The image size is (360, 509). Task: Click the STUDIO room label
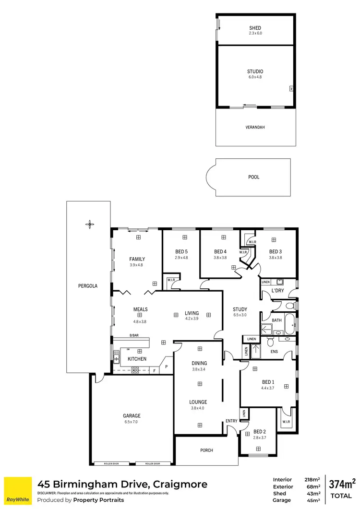(255, 71)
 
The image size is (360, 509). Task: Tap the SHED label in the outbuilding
(255, 28)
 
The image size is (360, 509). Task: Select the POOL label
(254, 177)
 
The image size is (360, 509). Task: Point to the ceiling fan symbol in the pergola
(89, 224)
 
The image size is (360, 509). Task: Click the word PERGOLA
(88, 285)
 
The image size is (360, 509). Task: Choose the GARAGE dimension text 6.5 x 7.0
(131, 422)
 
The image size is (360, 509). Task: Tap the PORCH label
(206, 450)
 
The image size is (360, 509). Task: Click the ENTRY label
(231, 421)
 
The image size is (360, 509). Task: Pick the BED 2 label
(259, 431)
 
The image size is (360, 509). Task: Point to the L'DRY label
(278, 291)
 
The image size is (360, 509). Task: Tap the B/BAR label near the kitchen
(134, 335)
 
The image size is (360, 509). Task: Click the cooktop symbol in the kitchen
(135, 369)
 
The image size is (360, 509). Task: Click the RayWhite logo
(18, 491)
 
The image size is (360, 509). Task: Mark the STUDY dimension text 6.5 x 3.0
(240, 315)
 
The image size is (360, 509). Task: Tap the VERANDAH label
(255, 127)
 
